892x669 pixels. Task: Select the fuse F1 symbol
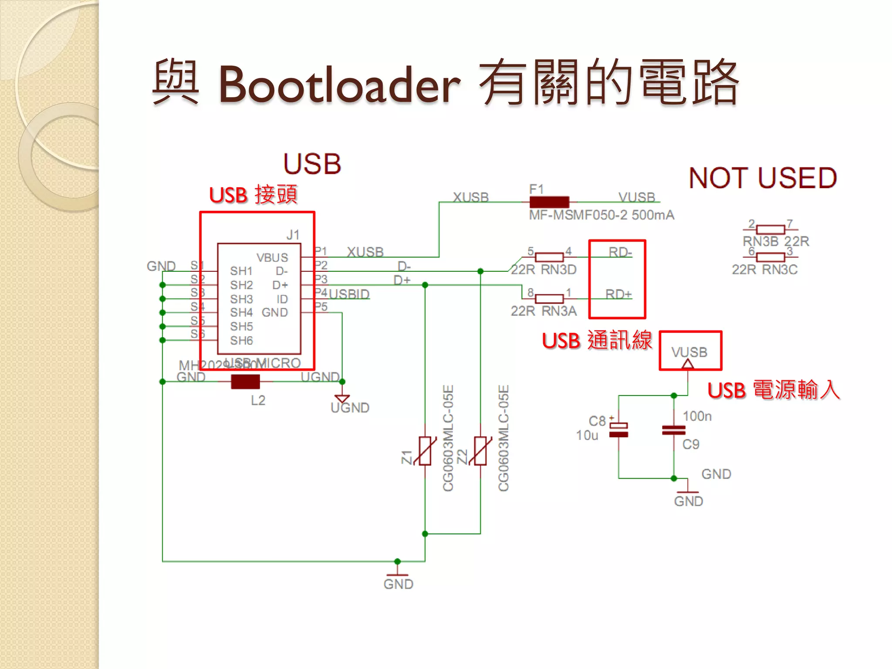[x=549, y=202]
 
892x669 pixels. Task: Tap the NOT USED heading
[x=763, y=178]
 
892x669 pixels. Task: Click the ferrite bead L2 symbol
[x=245, y=382]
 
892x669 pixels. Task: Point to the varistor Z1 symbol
[x=425, y=451]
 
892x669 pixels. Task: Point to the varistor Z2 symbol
[x=480, y=451]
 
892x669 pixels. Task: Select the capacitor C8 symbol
[x=618, y=430]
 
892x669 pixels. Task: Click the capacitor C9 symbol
[x=673, y=430]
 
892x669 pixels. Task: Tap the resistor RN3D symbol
[x=549, y=257]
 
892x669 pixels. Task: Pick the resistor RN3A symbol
[x=549, y=299]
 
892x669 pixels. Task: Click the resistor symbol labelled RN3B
[x=770, y=230]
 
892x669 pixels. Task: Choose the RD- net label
[x=620, y=252]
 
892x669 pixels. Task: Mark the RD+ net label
[x=618, y=294]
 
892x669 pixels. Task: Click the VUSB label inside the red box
[x=689, y=352]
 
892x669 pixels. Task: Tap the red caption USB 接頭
[x=253, y=195]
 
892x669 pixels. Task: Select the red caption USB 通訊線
[x=597, y=341]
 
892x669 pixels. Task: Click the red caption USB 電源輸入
[x=773, y=390]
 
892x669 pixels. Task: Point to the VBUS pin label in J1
[x=272, y=258]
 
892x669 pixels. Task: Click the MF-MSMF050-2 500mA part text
[x=601, y=215]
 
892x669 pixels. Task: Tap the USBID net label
[x=349, y=294]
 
